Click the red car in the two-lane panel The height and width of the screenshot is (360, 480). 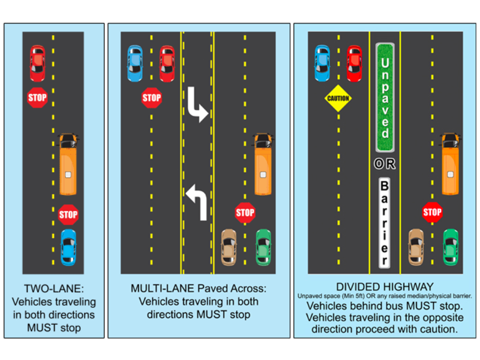[37, 63]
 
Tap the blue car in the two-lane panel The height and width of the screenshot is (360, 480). [68, 246]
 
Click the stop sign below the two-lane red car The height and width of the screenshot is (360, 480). [37, 97]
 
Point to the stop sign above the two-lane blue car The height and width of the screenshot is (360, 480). [68, 214]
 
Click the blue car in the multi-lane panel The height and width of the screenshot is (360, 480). [134, 63]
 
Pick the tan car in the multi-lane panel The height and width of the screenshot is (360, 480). [229, 247]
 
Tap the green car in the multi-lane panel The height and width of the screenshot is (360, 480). [263, 247]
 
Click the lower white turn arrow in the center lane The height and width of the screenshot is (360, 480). [197, 202]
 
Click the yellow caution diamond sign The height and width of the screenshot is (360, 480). [338, 98]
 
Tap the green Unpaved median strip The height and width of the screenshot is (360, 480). [385, 97]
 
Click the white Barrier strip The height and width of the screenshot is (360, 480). [385, 222]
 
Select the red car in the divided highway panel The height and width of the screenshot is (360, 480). [355, 63]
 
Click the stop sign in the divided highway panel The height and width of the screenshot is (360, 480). [432, 212]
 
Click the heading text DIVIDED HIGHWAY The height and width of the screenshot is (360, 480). [385, 287]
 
